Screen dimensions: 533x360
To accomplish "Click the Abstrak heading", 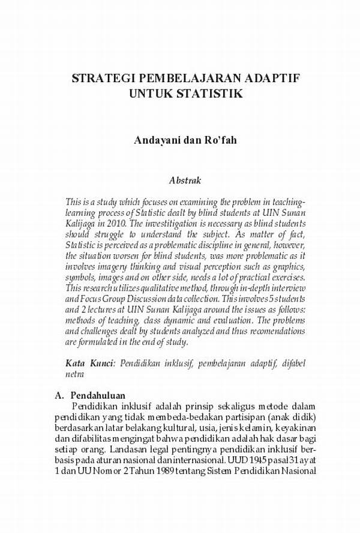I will (185, 179).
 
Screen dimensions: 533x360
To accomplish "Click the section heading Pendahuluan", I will (97, 396).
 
